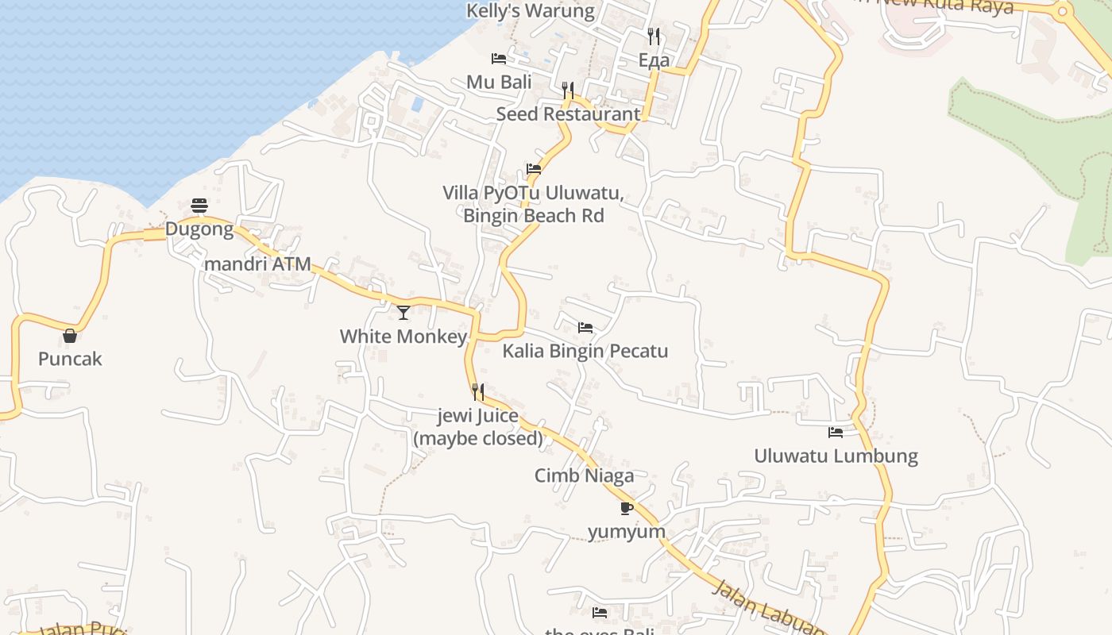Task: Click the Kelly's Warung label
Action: [530, 11]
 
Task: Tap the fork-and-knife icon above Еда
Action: [654, 36]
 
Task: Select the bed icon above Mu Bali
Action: [499, 59]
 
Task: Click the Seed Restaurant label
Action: [568, 114]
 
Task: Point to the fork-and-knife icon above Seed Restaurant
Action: [568, 90]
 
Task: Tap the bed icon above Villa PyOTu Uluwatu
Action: [534, 169]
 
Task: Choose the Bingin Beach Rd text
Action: [534, 216]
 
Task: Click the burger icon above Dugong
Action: [199, 206]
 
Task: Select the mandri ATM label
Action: [258, 264]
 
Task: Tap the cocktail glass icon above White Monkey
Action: [403, 313]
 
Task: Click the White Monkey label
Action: [403, 337]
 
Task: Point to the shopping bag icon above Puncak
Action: [70, 336]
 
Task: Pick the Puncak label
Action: [70, 360]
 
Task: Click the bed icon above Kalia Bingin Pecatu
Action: [585, 328]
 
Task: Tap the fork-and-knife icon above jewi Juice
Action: [478, 391]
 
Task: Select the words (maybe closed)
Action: [478, 438]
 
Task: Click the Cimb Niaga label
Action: [584, 476]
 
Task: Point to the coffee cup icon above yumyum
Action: [627, 508]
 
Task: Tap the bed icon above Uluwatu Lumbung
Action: [836, 433]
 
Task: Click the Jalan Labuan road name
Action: [766, 608]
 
